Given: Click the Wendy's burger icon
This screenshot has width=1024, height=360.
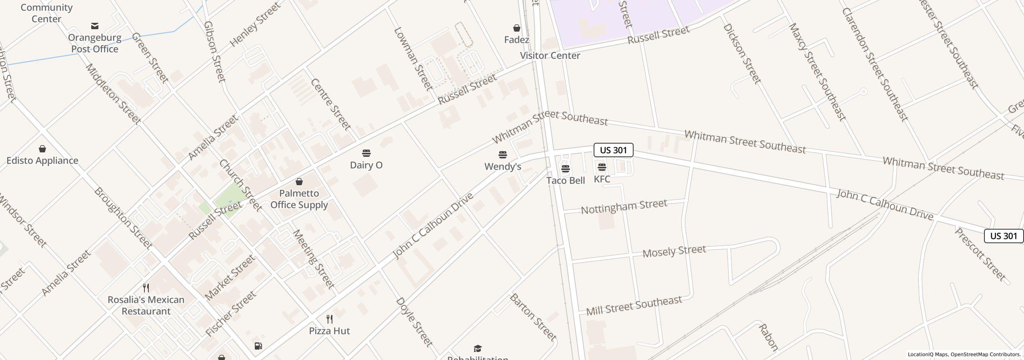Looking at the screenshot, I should point(503,154).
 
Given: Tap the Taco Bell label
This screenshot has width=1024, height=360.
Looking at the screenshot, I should point(565,180).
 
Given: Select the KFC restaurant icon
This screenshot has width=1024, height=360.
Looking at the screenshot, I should point(602,167).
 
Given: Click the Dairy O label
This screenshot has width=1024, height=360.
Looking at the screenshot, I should point(366,165).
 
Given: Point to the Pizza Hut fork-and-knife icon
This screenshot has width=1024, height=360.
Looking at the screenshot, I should point(330,319).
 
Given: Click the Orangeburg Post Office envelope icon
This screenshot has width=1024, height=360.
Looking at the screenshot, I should point(95,26).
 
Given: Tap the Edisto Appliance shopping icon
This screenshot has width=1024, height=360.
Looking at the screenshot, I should point(42,149).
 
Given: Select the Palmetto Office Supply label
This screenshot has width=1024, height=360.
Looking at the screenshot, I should point(299,199).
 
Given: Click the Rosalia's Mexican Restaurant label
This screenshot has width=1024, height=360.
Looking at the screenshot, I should point(146,305).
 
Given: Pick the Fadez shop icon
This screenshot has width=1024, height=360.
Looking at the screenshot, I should point(517,28).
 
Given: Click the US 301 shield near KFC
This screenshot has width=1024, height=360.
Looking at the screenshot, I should point(613,150).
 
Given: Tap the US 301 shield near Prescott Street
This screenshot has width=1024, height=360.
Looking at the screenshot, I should point(1003,236).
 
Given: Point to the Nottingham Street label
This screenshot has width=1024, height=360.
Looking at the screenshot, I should point(624,207).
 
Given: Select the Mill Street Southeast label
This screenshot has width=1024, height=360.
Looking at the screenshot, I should point(634,305).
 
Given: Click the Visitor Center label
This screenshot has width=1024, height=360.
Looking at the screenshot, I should point(550,56).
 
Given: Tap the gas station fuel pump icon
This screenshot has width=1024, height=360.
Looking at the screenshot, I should point(258,346).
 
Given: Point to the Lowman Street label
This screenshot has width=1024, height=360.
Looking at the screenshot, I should point(413,58).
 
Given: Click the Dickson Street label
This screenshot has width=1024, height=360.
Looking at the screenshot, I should point(742,54).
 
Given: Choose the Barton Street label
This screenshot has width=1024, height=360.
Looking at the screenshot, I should point(533,317).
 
